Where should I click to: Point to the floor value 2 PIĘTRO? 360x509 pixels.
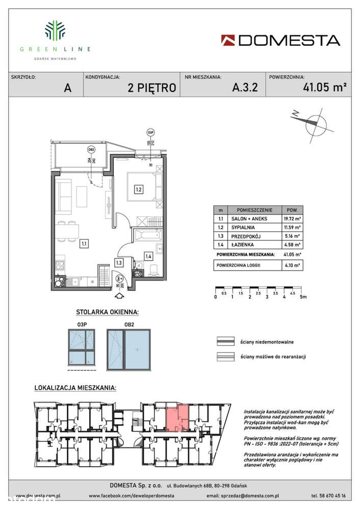(152, 88)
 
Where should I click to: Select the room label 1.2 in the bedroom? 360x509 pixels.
(138, 190)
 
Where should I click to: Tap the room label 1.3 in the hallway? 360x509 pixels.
(118, 263)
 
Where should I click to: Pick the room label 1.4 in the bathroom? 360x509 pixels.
(148, 256)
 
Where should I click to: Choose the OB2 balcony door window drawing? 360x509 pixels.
(130, 350)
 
